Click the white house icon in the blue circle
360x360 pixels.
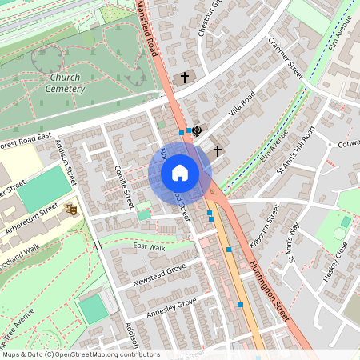[180, 173]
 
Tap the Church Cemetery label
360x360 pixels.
[66, 83]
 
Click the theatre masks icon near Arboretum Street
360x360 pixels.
[70, 208]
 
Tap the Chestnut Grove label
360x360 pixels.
[210, 18]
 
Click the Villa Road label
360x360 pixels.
[242, 104]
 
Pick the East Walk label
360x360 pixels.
[149, 248]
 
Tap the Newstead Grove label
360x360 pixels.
[159, 273]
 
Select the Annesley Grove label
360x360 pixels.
[170, 307]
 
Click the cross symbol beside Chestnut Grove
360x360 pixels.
[186, 77]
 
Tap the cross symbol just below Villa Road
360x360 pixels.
[217, 149]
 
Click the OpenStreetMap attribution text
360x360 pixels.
[70, 354]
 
